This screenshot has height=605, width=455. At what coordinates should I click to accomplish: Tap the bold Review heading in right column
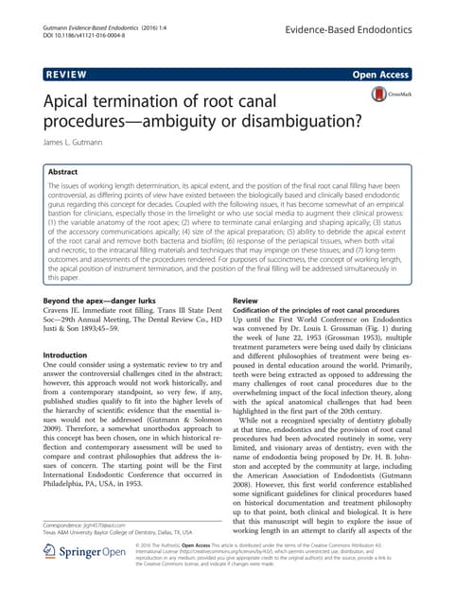(245, 300)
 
